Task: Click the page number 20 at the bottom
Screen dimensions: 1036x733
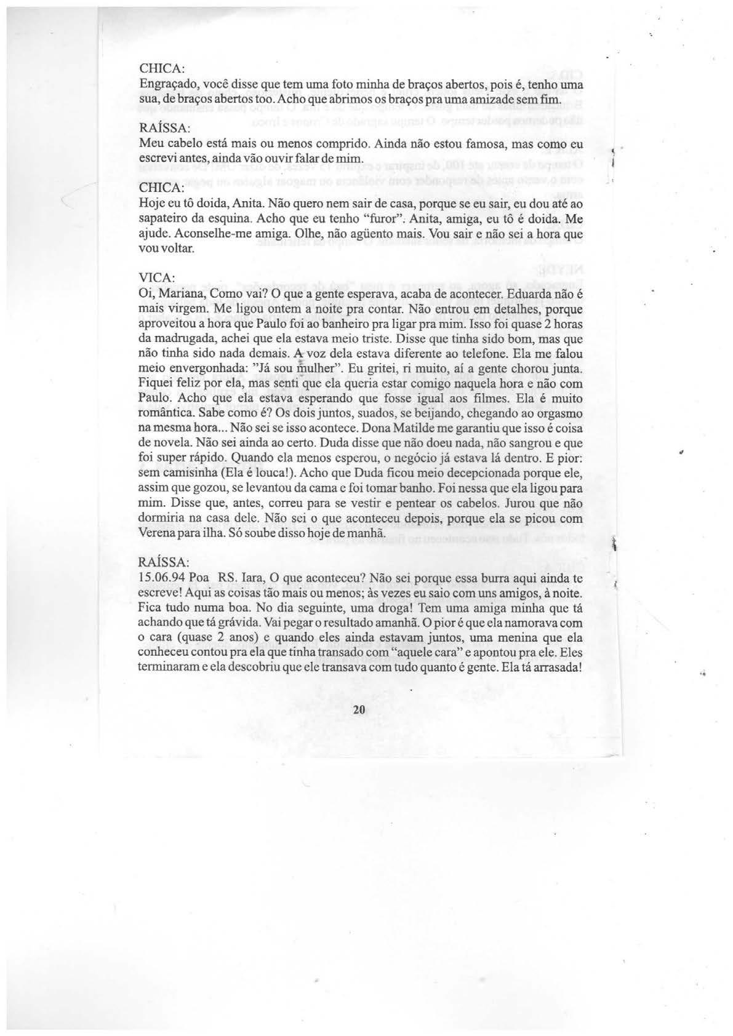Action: [x=360, y=709]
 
